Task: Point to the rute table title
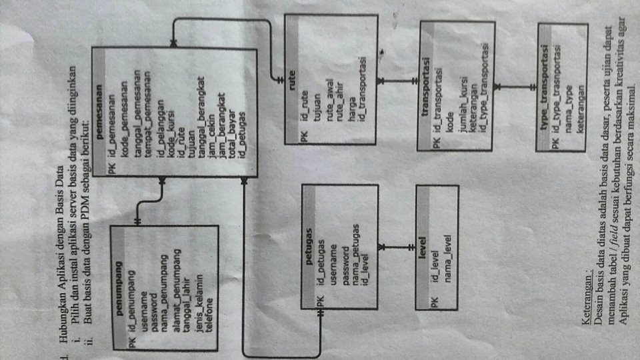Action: pos(291,81)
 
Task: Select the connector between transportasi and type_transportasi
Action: pos(517,87)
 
